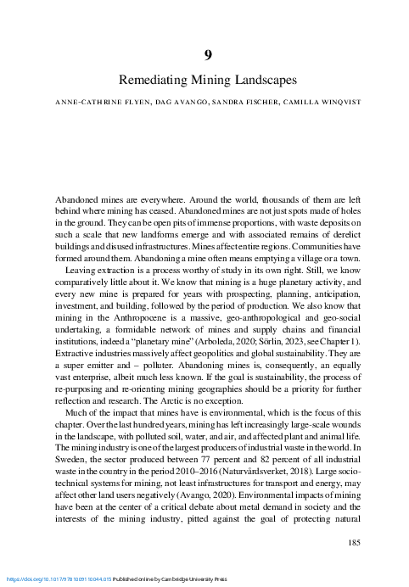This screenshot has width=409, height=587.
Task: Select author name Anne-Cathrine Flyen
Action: (x=94, y=102)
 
